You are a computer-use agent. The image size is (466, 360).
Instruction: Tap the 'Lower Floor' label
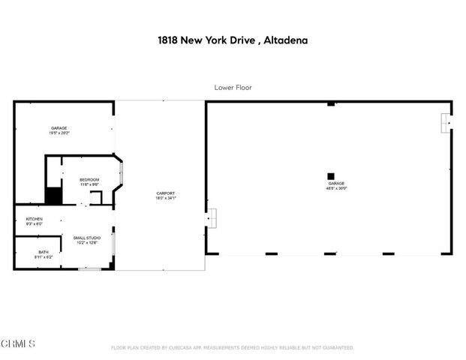click(233, 88)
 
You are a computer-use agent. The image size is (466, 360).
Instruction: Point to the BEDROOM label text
click(90, 180)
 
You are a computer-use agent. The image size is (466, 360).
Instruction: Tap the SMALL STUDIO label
click(87, 238)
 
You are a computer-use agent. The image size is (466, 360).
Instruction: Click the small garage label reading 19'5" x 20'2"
click(59, 133)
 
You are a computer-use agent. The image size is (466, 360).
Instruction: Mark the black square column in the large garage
click(330, 176)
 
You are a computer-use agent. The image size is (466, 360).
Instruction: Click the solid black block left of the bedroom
click(53, 196)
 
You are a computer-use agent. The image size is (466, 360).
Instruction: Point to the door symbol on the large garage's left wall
click(211, 217)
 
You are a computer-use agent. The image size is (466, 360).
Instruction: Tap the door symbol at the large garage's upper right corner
click(446, 122)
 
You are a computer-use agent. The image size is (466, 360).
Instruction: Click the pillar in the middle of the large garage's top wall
click(330, 103)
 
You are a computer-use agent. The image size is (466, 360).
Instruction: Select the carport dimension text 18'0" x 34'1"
click(165, 198)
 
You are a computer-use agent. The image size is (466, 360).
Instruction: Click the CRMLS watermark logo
click(18, 343)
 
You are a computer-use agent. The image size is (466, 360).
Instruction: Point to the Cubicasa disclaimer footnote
click(232, 348)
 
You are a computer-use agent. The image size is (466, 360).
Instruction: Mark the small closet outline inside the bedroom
click(96, 198)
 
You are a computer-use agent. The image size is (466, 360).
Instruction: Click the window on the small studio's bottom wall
click(90, 268)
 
